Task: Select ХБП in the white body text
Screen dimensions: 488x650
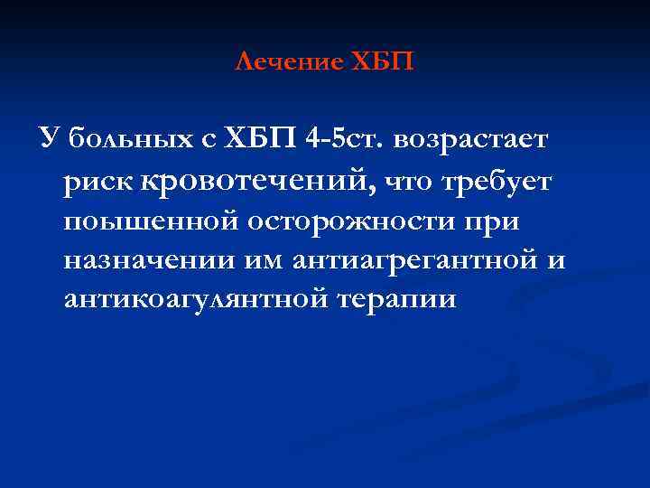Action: (x=256, y=141)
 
